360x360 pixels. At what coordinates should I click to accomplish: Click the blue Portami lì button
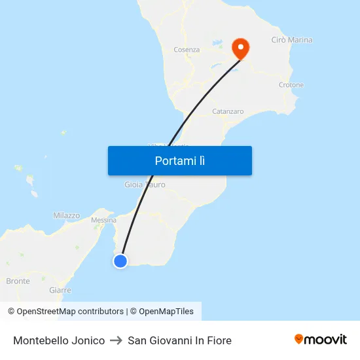pyautogui.click(x=179, y=160)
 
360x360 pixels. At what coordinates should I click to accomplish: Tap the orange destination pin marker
pyautogui.click(x=241, y=48)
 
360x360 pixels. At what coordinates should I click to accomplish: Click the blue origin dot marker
pyautogui.click(x=120, y=261)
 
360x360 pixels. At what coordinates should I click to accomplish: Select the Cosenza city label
pyautogui.click(x=187, y=50)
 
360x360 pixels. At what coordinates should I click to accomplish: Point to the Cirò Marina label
pyautogui.click(x=291, y=40)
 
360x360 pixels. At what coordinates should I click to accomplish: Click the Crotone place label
pyautogui.click(x=291, y=85)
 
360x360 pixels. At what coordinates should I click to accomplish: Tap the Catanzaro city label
pyautogui.click(x=228, y=111)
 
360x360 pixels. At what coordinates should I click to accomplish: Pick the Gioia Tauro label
pyautogui.click(x=145, y=185)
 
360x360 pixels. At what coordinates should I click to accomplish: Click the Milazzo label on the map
pyautogui.click(x=66, y=215)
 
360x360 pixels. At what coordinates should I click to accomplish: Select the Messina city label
pyautogui.click(x=104, y=221)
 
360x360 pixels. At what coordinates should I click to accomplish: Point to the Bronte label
pyautogui.click(x=18, y=281)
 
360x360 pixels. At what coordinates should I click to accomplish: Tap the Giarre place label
pyautogui.click(x=60, y=290)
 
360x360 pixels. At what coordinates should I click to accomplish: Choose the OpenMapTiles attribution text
pyautogui.click(x=162, y=312)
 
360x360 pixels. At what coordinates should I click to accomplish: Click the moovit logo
pyautogui.click(x=320, y=339)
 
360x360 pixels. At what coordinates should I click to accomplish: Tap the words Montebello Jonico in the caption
pyautogui.click(x=59, y=340)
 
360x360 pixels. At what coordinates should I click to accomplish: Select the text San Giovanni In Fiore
pyautogui.click(x=179, y=340)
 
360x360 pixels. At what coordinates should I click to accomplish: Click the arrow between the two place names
pyautogui.click(x=116, y=340)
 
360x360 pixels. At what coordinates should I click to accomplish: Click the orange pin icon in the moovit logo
pyautogui.click(x=298, y=339)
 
